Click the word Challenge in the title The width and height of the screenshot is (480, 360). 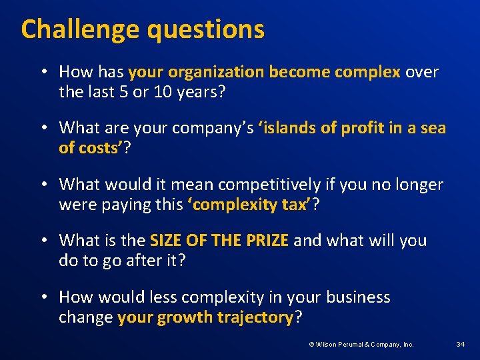click(80, 29)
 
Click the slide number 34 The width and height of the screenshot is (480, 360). click(460, 344)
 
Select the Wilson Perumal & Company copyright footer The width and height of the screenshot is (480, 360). click(361, 344)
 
